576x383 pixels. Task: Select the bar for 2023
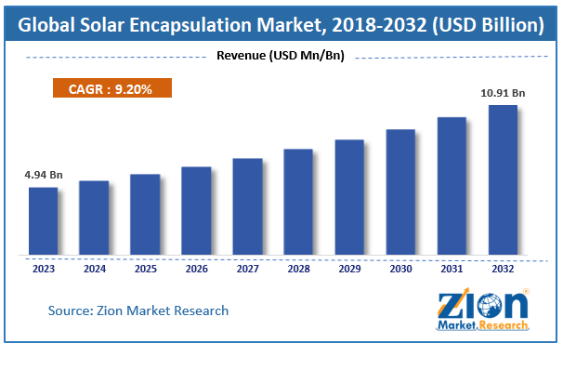pos(44,220)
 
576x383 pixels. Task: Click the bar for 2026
pos(197,210)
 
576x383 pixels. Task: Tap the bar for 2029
pos(350,196)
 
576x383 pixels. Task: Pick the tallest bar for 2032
pos(504,179)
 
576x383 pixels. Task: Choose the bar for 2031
pos(452,185)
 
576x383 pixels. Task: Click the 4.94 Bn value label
pos(43,174)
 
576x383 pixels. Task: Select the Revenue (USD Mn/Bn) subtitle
pos(281,55)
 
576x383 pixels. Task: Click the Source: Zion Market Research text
pos(138,310)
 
